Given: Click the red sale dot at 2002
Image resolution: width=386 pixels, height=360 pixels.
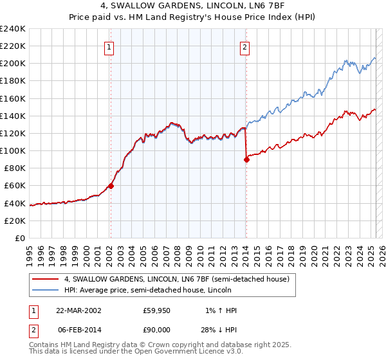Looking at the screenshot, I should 111,186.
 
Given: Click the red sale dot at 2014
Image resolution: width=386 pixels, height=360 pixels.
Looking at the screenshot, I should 246,160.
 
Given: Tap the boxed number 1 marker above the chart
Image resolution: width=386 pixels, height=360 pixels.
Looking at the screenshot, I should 109,47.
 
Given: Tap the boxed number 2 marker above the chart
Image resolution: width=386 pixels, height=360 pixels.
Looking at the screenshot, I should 246,47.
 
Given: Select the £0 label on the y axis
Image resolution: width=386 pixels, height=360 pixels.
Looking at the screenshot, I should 19,238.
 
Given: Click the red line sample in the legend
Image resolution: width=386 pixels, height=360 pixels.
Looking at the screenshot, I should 46,279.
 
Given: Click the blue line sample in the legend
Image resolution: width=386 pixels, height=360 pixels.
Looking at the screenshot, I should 46,290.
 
